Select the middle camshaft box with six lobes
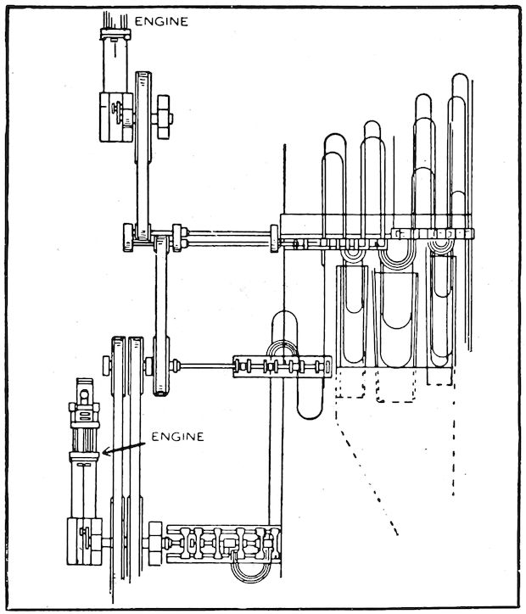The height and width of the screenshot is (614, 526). [281, 367]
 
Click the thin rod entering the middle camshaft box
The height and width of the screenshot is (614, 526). [204, 366]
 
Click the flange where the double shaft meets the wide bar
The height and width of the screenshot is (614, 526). [275, 237]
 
